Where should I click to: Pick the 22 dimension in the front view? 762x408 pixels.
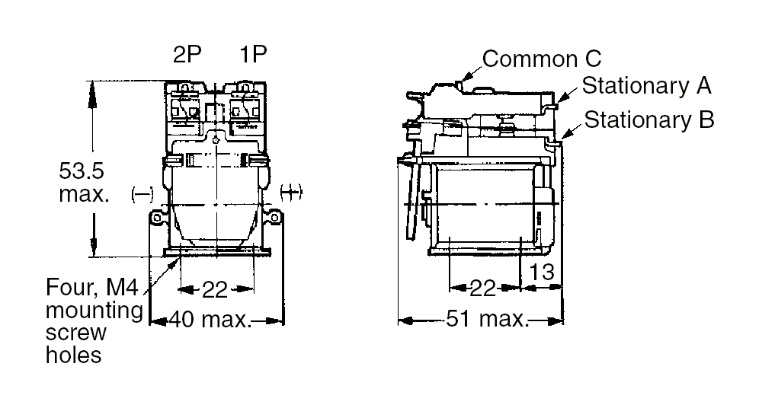pyautogui.click(x=216, y=289)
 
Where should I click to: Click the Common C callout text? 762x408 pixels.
pyautogui.click(x=542, y=59)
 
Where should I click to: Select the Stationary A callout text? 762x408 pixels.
pyautogui.click(x=646, y=85)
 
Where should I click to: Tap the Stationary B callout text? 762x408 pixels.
pyautogui.click(x=649, y=120)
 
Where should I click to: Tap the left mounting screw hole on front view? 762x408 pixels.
pyautogui.click(x=157, y=219)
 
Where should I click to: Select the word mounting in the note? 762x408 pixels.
pyautogui.click(x=94, y=311)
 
